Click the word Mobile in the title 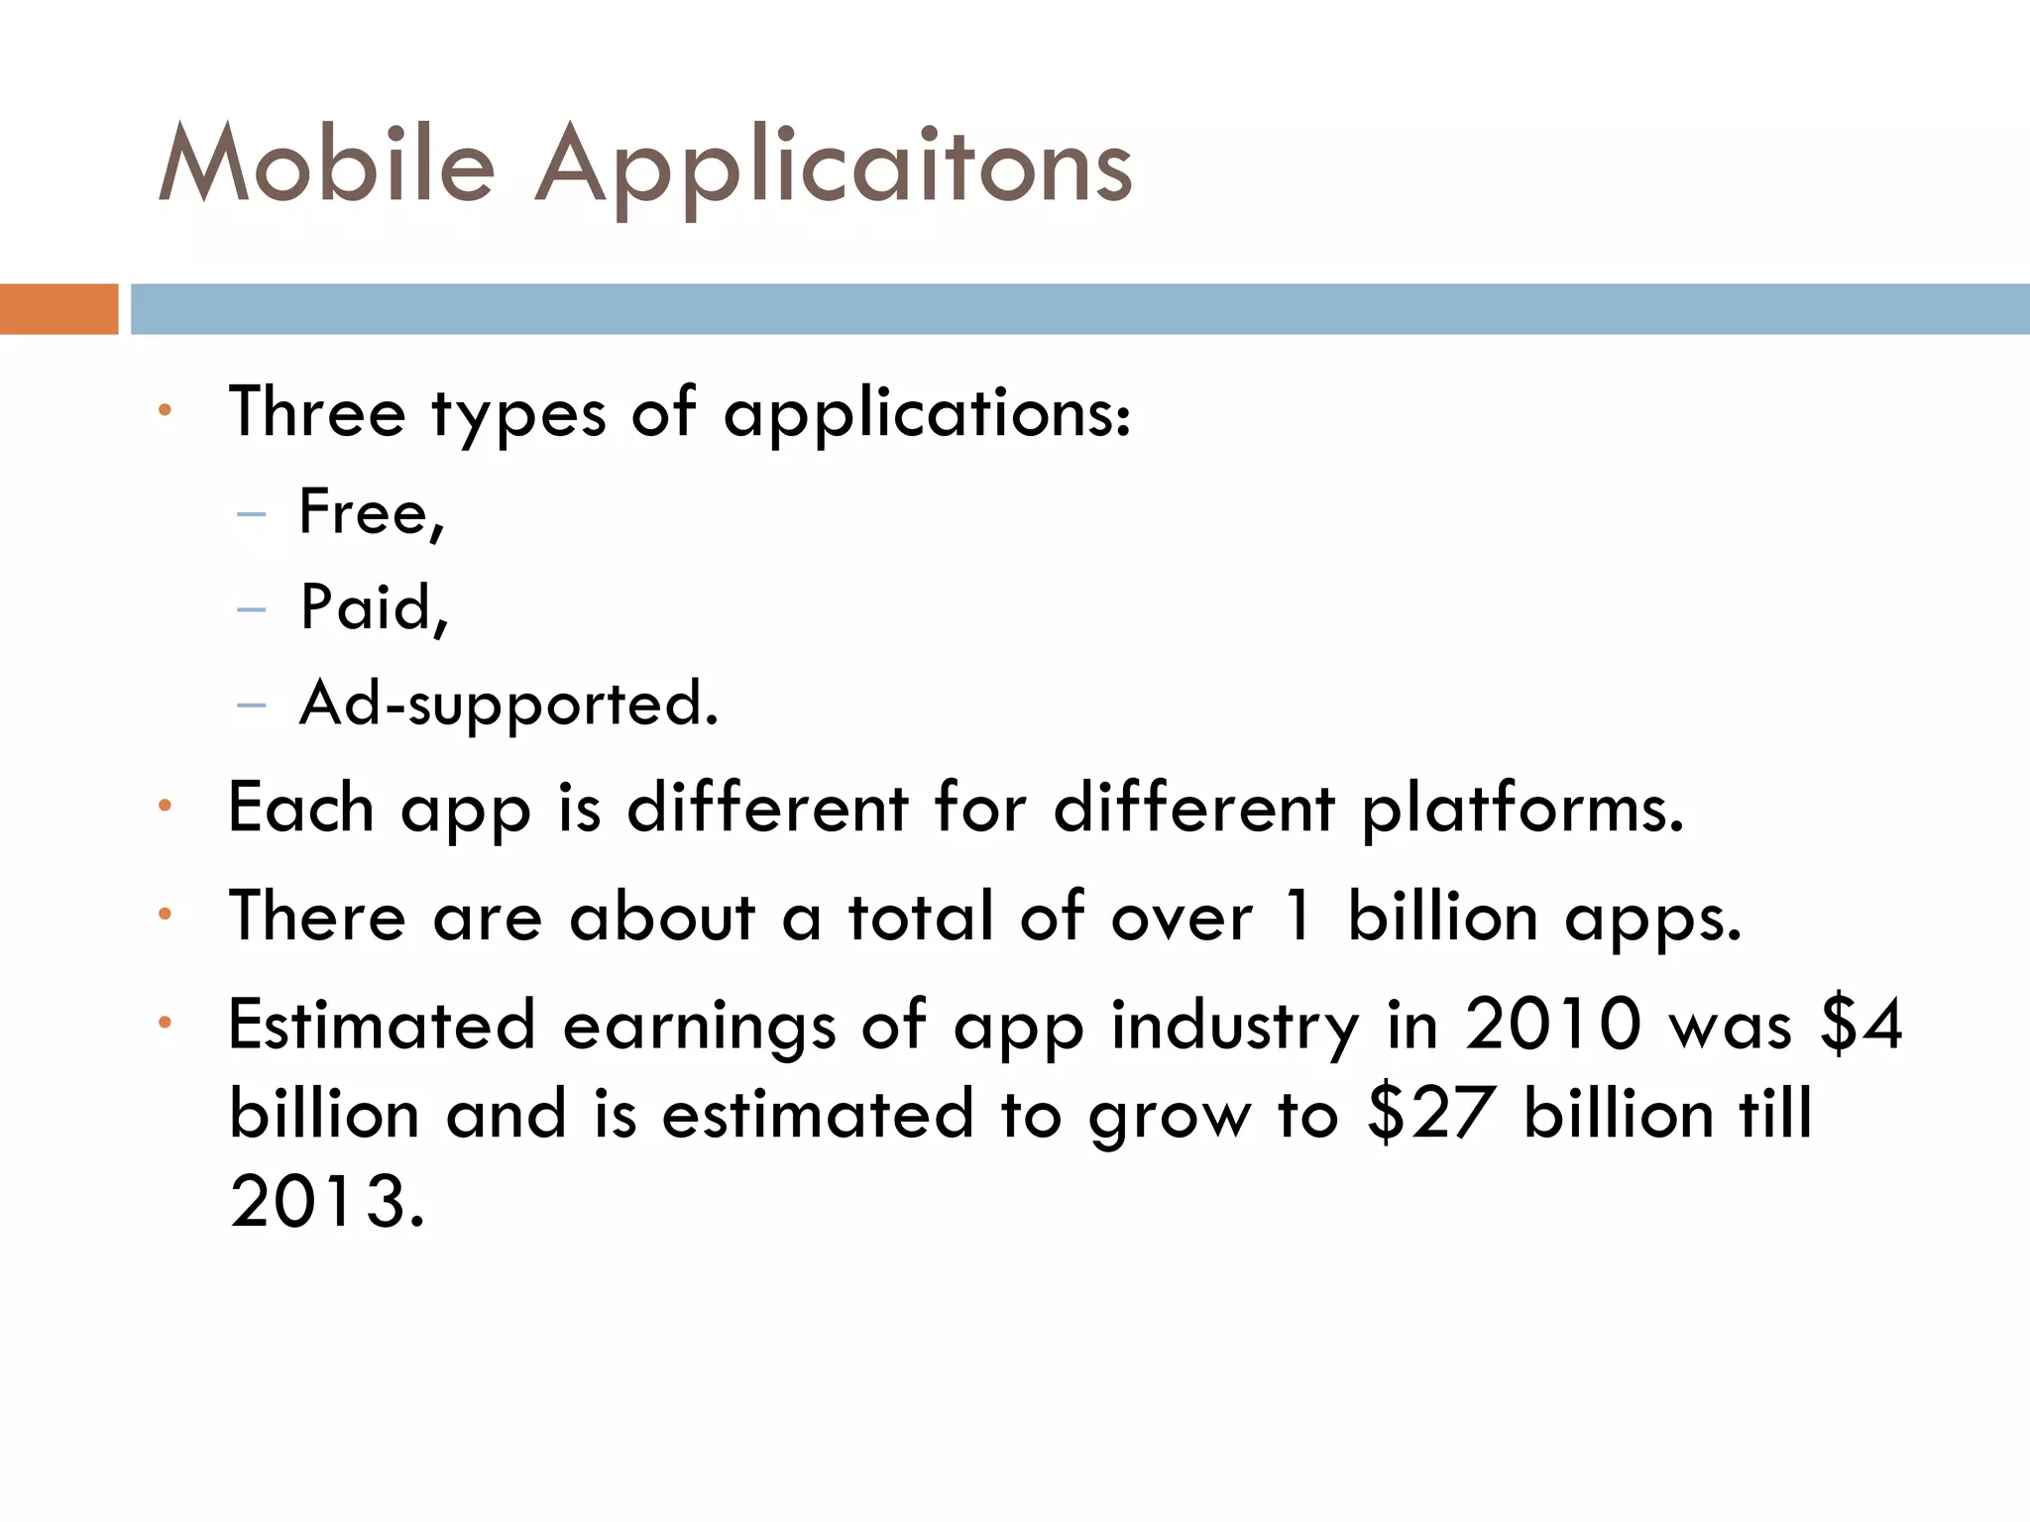(327, 163)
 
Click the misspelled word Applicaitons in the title (833, 168)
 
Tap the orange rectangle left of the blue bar (58, 309)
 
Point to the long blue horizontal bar (1080, 309)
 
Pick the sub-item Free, (372, 513)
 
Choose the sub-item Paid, (375, 607)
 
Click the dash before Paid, (252, 609)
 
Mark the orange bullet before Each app (166, 806)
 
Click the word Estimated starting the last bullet (382, 1025)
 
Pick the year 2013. (327, 1202)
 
